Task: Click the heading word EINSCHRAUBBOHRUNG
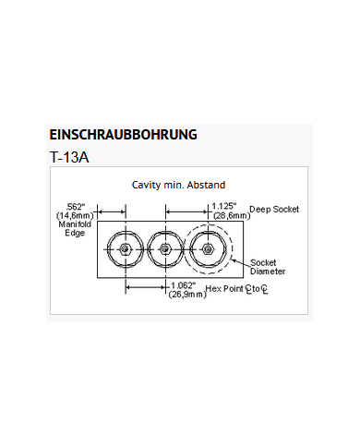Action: pyautogui.click(x=123, y=135)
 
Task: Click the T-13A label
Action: pyautogui.click(x=69, y=157)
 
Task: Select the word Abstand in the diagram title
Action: pyautogui.click(x=207, y=186)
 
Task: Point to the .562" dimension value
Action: pyautogui.click(x=76, y=206)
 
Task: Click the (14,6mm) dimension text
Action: pyautogui.click(x=76, y=215)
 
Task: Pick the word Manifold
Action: pyautogui.click(x=76, y=223)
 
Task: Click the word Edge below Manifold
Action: pyautogui.click(x=76, y=233)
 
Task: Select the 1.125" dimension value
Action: pyautogui.click(x=224, y=206)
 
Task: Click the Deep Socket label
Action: pyautogui.click(x=274, y=210)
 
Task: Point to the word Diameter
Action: pyautogui.click(x=268, y=272)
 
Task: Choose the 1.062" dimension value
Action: pyautogui.click(x=185, y=284)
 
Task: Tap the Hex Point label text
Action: pyautogui.click(x=225, y=289)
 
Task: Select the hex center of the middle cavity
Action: pyautogui.click(x=164, y=249)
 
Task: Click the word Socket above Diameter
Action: pyautogui.click(x=265, y=263)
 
